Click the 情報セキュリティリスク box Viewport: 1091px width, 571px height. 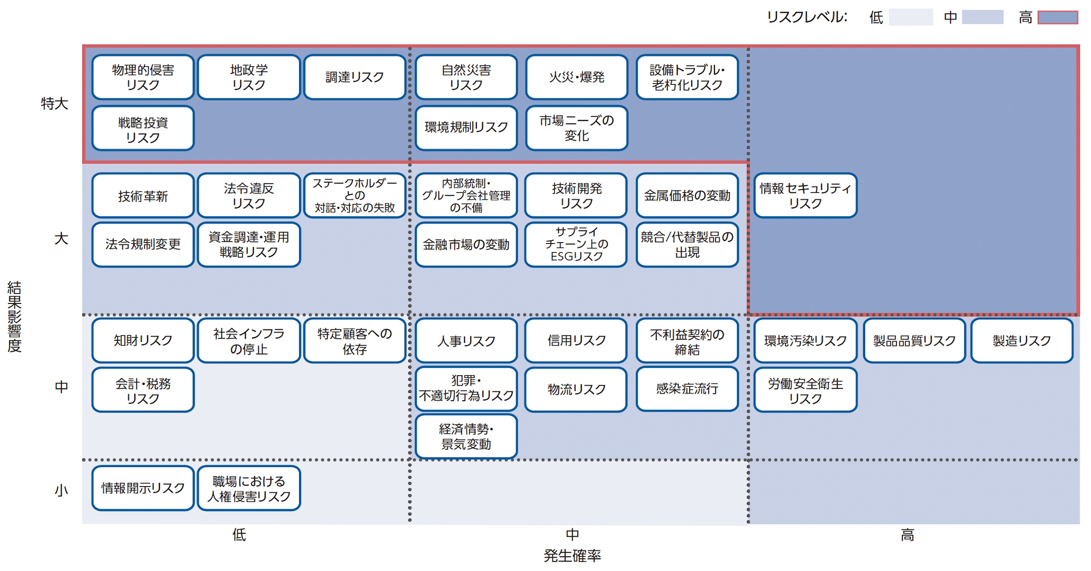coord(805,196)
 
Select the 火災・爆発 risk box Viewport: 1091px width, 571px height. coord(576,77)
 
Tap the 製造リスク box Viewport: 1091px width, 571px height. coord(1021,341)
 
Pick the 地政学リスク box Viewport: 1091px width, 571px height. coord(249,77)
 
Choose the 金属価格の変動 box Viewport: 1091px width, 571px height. coord(687,196)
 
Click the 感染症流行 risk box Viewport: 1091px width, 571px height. coord(687,389)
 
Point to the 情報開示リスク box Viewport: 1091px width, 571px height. coord(143,488)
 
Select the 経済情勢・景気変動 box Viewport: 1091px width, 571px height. coord(466,437)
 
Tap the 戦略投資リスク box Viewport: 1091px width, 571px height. coord(143,129)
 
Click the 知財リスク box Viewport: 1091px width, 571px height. coord(143,341)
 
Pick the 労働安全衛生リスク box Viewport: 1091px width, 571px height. coord(805,391)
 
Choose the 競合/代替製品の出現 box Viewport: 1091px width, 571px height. coord(687,244)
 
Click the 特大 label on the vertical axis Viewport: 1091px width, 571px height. coord(55,104)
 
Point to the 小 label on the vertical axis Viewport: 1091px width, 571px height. coord(61,490)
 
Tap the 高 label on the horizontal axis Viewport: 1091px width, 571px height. coord(907,535)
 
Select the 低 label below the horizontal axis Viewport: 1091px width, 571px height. coord(239,535)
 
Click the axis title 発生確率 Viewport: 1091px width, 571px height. coord(572,555)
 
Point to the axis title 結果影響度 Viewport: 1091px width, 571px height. coord(15,317)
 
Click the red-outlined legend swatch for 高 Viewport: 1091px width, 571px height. coord(1057,18)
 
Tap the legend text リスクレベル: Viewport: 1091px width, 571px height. coord(807,17)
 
